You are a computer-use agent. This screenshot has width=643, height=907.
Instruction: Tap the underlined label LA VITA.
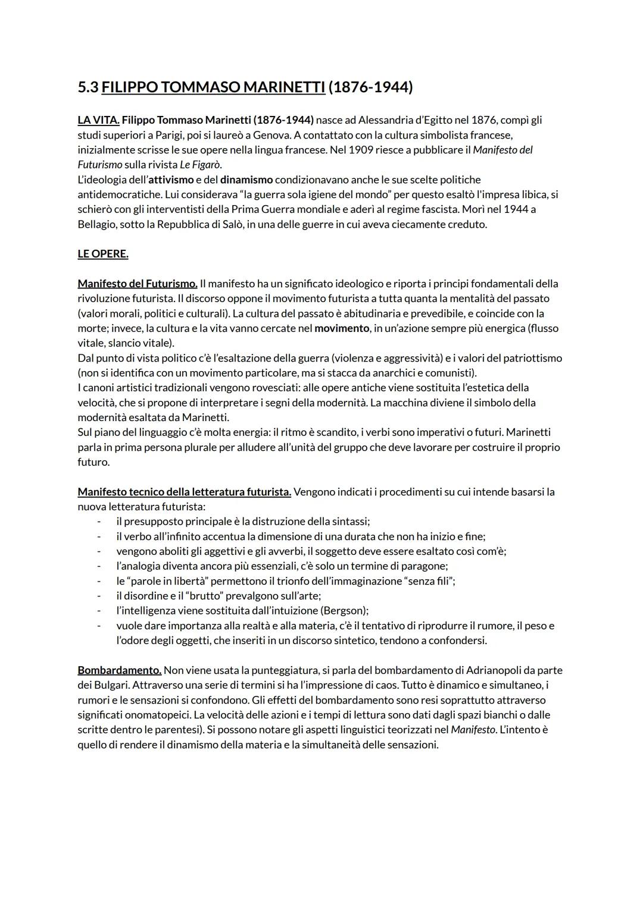point(98,120)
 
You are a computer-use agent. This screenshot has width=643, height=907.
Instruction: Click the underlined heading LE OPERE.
point(103,254)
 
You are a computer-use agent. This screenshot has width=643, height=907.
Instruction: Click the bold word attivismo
point(171,180)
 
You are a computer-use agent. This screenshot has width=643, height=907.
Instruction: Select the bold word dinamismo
point(246,180)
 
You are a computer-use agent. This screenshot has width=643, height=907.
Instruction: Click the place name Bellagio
point(97,224)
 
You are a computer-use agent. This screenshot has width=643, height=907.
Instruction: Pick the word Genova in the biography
point(271,135)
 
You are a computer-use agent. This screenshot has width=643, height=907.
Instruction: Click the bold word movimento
point(342,328)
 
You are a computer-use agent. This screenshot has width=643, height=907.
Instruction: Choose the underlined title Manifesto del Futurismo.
point(138,284)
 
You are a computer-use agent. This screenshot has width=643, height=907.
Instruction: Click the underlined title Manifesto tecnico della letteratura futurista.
point(184,492)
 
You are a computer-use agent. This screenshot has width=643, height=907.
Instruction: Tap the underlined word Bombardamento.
point(119,670)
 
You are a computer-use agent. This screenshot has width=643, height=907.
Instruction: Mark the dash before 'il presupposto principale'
point(99,522)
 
